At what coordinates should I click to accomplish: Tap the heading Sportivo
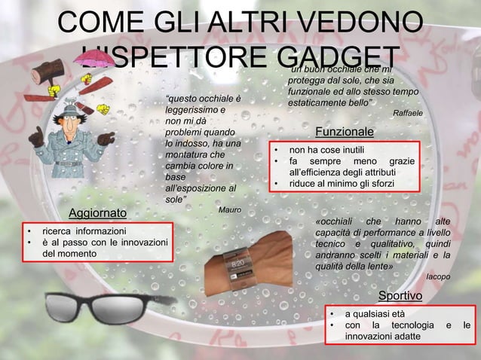pos(401,294)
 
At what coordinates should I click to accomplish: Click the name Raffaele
pos(408,113)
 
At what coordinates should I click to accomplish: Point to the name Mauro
pos(229,209)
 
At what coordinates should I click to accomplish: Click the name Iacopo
pos(439,276)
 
